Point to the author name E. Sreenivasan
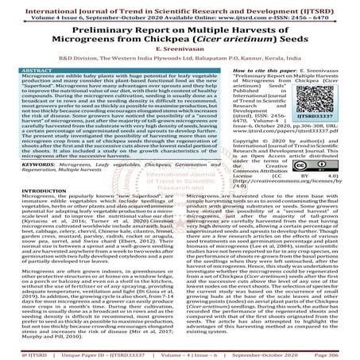click(180, 49)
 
